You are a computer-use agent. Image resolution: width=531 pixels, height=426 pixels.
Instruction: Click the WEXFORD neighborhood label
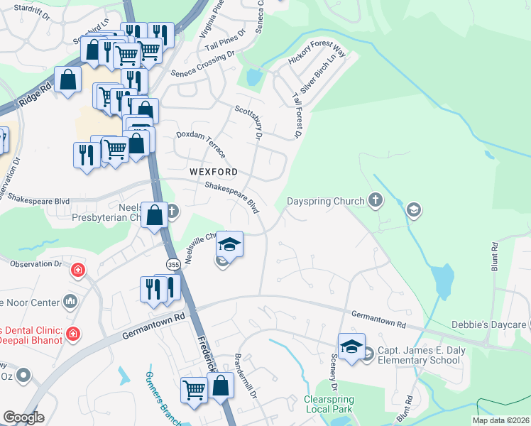214,172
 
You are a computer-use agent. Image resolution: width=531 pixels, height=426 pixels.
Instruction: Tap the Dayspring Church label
325,201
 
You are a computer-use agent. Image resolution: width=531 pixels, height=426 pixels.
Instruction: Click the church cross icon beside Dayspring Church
376,201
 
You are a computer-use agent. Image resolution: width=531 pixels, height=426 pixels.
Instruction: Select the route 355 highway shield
173,264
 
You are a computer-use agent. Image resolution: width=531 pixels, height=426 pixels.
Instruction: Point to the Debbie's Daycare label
491,324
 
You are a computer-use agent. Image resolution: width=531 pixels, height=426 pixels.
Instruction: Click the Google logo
23,417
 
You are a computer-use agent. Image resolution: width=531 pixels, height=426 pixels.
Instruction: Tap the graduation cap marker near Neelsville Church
229,244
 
